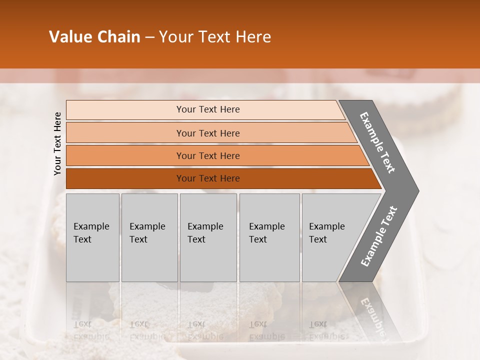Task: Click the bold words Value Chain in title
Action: coord(94,37)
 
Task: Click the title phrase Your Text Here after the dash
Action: coord(215,37)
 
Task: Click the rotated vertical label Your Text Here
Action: coord(57,143)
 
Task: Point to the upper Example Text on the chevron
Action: coord(377,142)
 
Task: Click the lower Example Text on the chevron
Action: coord(379,236)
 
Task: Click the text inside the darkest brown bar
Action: coord(208,178)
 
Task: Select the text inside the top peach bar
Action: coord(208,109)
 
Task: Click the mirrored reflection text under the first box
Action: coord(91,330)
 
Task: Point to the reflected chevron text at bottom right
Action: coord(372,315)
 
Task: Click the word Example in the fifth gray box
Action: coord(326,226)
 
